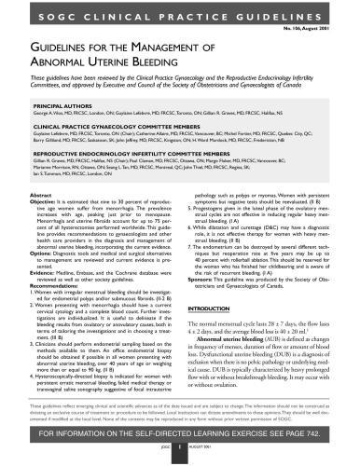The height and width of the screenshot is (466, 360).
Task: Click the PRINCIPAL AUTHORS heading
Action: [58, 107]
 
